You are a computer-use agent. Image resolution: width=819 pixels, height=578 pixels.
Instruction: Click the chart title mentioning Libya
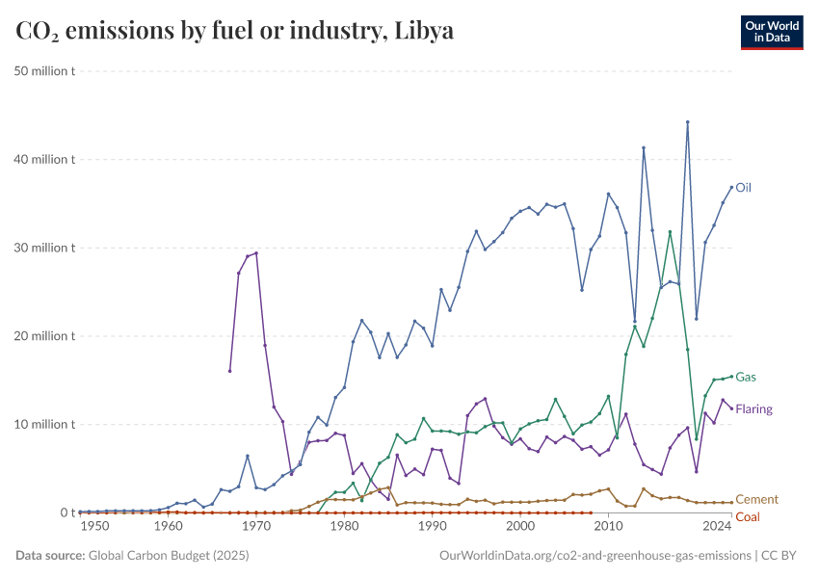(235, 31)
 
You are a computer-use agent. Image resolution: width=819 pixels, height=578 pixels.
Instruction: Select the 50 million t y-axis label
(46, 71)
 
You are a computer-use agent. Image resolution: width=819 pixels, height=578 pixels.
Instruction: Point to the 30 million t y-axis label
(46, 248)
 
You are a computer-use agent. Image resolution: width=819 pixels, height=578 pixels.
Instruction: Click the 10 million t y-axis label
(46, 424)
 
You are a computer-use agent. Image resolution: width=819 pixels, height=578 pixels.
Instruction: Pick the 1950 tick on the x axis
(93, 527)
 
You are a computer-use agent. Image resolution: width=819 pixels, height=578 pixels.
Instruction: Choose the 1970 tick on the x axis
(256, 527)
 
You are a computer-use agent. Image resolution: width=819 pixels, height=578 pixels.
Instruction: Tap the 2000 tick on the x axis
(520, 527)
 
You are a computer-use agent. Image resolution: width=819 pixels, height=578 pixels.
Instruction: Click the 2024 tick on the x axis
(717, 527)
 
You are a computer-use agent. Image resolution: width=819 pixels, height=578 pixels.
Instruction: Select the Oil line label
(743, 188)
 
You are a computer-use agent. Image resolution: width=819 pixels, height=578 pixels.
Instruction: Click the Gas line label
(744, 377)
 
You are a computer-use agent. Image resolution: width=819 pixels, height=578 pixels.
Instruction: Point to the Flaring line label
(753, 409)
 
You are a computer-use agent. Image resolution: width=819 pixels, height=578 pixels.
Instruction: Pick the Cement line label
(756, 500)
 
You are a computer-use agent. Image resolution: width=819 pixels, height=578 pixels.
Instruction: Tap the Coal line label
(748, 517)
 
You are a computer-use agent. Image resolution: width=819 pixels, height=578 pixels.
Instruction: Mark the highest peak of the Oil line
(687, 122)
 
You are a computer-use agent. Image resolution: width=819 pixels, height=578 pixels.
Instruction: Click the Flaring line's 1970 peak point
(256, 252)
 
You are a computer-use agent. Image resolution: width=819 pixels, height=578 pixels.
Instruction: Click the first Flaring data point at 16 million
(229, 371)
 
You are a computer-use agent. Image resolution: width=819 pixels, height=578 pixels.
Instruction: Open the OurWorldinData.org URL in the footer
(594, 556)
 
